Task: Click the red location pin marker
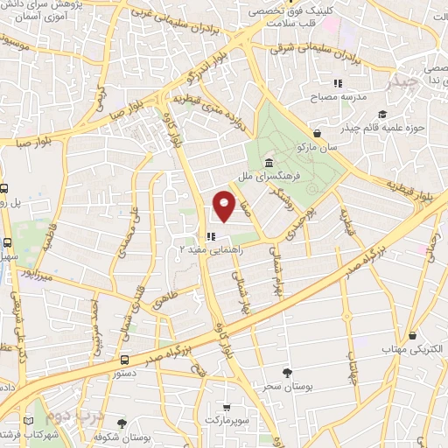click(x=225, y=206)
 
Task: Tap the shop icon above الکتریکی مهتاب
click(x=412, y=334)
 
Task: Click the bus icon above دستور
click(x=125, y=359)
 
